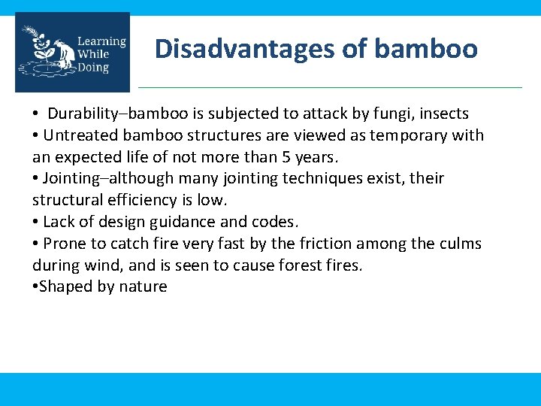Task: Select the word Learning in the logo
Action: click(x=101, y=41)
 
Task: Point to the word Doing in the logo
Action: click(x=92, y=68)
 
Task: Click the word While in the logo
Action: click(x=92, y=54)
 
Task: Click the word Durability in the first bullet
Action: click(x=83, y=114)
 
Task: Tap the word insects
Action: click(x=444, y=114)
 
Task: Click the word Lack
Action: click(x=59, y=222)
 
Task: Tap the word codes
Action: click(x=277, y=222)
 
